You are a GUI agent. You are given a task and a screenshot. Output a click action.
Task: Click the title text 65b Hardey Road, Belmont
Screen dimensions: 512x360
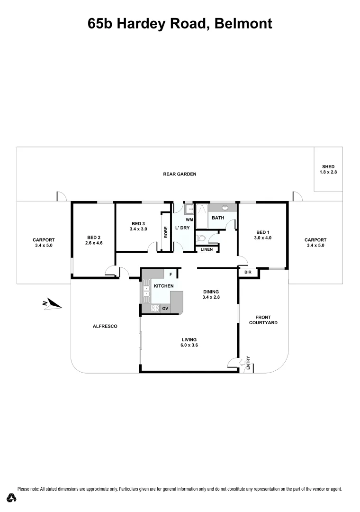[180, 23]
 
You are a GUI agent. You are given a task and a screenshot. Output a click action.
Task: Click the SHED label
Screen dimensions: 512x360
[328, 166]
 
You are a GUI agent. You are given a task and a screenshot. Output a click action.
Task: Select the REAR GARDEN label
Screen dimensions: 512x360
[180, 174]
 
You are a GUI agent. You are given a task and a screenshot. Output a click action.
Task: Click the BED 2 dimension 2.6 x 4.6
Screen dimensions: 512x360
[94, 243]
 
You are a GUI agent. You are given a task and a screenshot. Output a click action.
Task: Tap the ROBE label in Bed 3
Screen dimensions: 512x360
[166, 232]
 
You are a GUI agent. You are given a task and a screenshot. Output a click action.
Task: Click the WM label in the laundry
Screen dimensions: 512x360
[189, 219]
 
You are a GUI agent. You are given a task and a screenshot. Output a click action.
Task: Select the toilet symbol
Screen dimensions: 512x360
[201, 238]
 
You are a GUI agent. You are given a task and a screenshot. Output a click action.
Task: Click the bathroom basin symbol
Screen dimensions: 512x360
[225, 208]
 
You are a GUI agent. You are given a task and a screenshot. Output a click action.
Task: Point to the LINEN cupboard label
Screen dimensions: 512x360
[207, 249]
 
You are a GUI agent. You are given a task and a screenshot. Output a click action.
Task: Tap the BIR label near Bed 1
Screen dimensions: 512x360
[248, 272]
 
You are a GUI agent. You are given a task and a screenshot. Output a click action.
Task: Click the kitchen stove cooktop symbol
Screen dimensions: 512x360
[155, 309]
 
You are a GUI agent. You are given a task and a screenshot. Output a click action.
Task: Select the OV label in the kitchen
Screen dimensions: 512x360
[165, 309]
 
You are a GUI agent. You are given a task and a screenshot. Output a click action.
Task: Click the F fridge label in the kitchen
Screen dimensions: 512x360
[171, 274]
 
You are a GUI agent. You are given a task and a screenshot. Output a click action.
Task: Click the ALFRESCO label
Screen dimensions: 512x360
[105, 326]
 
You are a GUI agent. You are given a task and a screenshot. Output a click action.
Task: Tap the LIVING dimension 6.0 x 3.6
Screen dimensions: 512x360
[189, 345]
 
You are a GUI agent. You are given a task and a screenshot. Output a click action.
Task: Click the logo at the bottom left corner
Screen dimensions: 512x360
[12, 498]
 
